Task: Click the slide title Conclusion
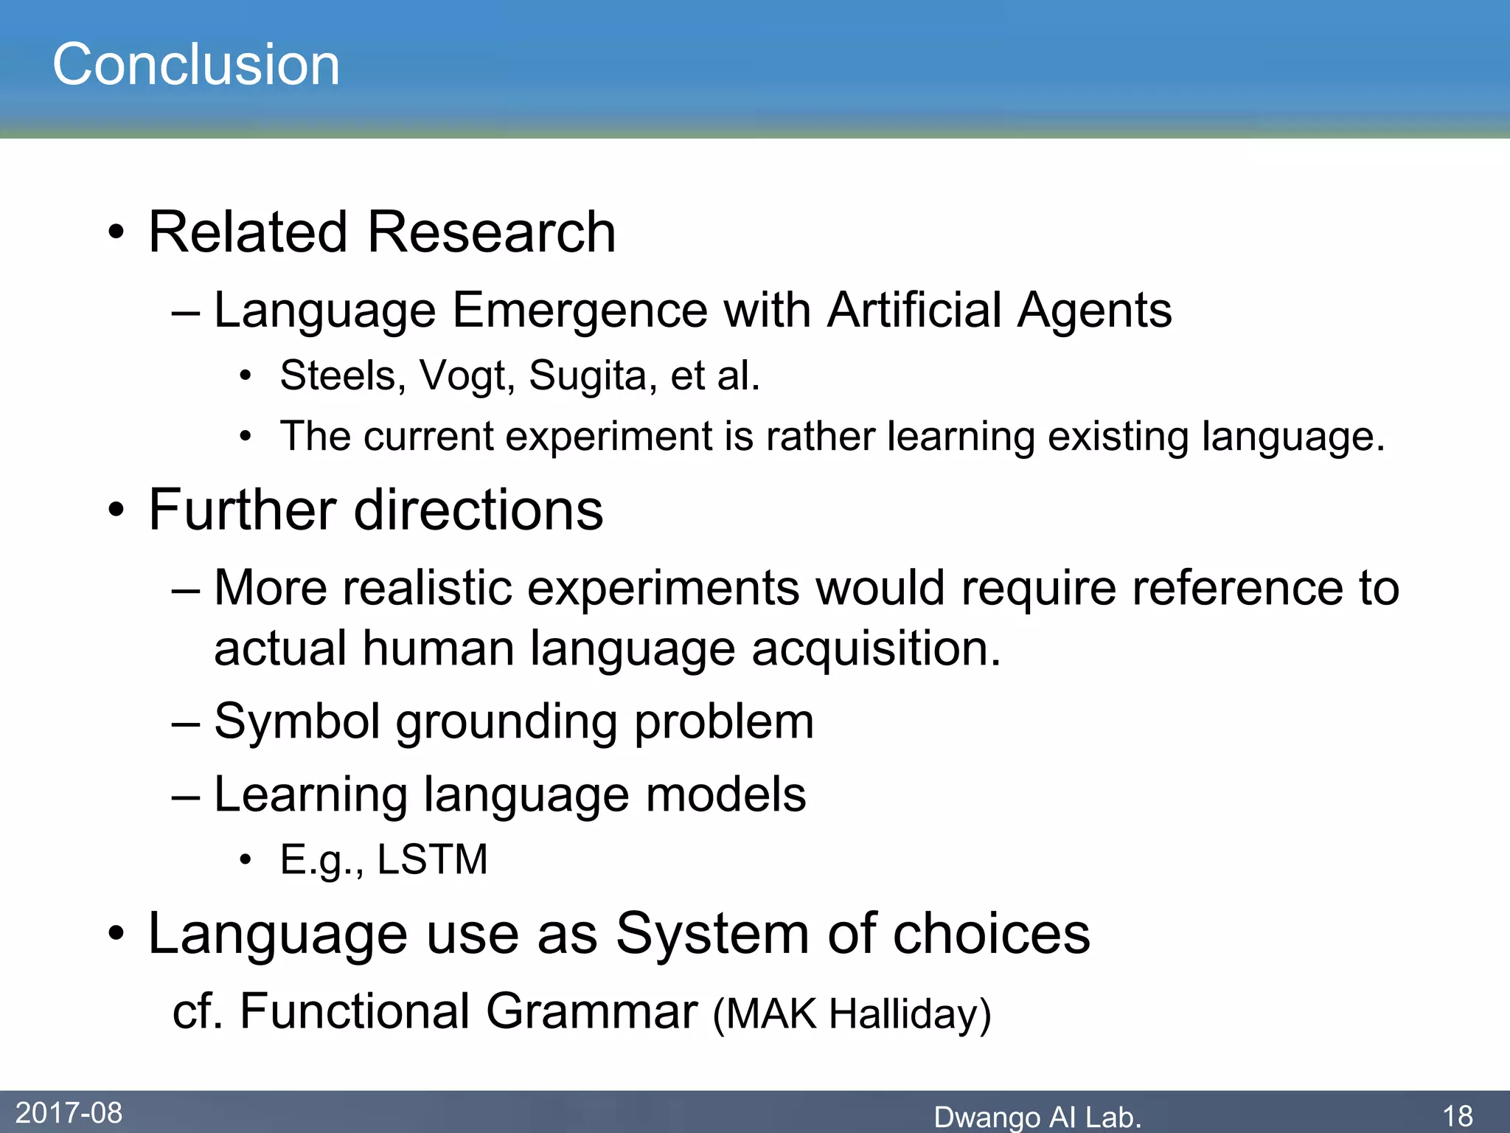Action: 196,65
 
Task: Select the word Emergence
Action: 580,310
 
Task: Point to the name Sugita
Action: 588,376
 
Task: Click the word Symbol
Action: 296,721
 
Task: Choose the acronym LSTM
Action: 432,859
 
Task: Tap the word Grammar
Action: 591,1011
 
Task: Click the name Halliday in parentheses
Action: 910,1014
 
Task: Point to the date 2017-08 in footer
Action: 69,1112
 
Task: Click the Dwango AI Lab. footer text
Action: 1037,1117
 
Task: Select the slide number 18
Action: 1457,1116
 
